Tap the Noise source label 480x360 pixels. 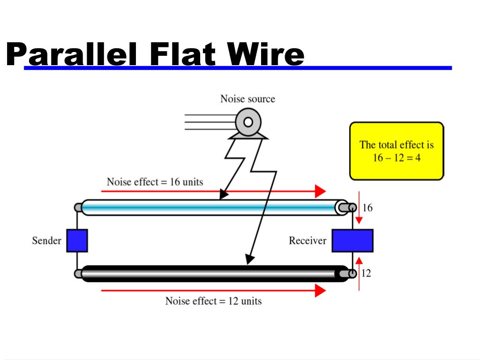[247, 99]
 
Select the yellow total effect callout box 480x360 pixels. [397, 151]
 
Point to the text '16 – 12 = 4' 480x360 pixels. [397, 157]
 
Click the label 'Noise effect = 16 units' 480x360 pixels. [155, 182]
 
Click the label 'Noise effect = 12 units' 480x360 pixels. [213, 301]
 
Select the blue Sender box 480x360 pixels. [77, 240]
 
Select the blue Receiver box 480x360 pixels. [352, 240]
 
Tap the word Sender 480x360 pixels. [46, 240]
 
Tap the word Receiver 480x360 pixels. [307, 240]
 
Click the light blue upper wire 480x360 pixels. [211, 207]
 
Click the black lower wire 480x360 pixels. [211, 273]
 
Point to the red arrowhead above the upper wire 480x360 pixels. [320, 191]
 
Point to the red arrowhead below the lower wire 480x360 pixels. [320, 291]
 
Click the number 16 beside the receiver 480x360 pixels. [367, 208]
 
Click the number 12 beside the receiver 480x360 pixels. [366, 273]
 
